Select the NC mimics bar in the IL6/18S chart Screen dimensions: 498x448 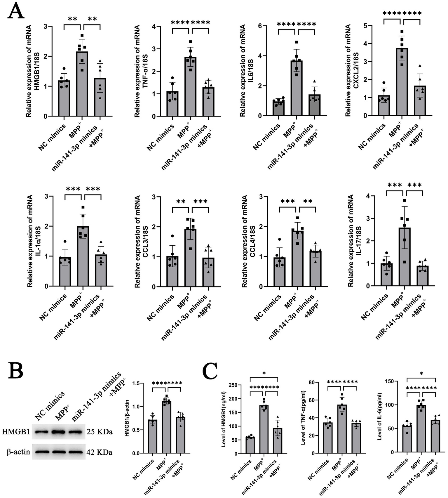(x=279, y=108)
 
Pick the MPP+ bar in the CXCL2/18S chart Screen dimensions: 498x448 (x=402, y=82)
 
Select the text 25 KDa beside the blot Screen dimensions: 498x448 (x=100, y=432)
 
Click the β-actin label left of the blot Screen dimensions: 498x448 (x=18, y=452)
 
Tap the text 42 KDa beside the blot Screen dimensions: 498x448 (x=100, y=452)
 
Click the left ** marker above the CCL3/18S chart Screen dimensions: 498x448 (x=181, y=202)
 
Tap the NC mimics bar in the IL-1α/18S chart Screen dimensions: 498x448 (x=65, y=272)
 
